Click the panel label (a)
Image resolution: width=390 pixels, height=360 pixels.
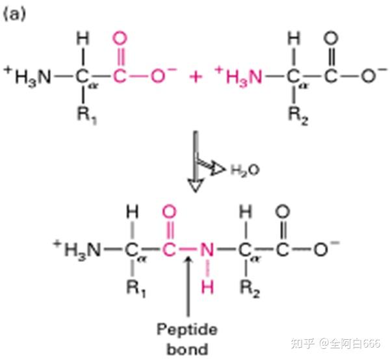[14, 14]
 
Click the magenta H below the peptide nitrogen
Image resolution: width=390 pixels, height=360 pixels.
[206, 287]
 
